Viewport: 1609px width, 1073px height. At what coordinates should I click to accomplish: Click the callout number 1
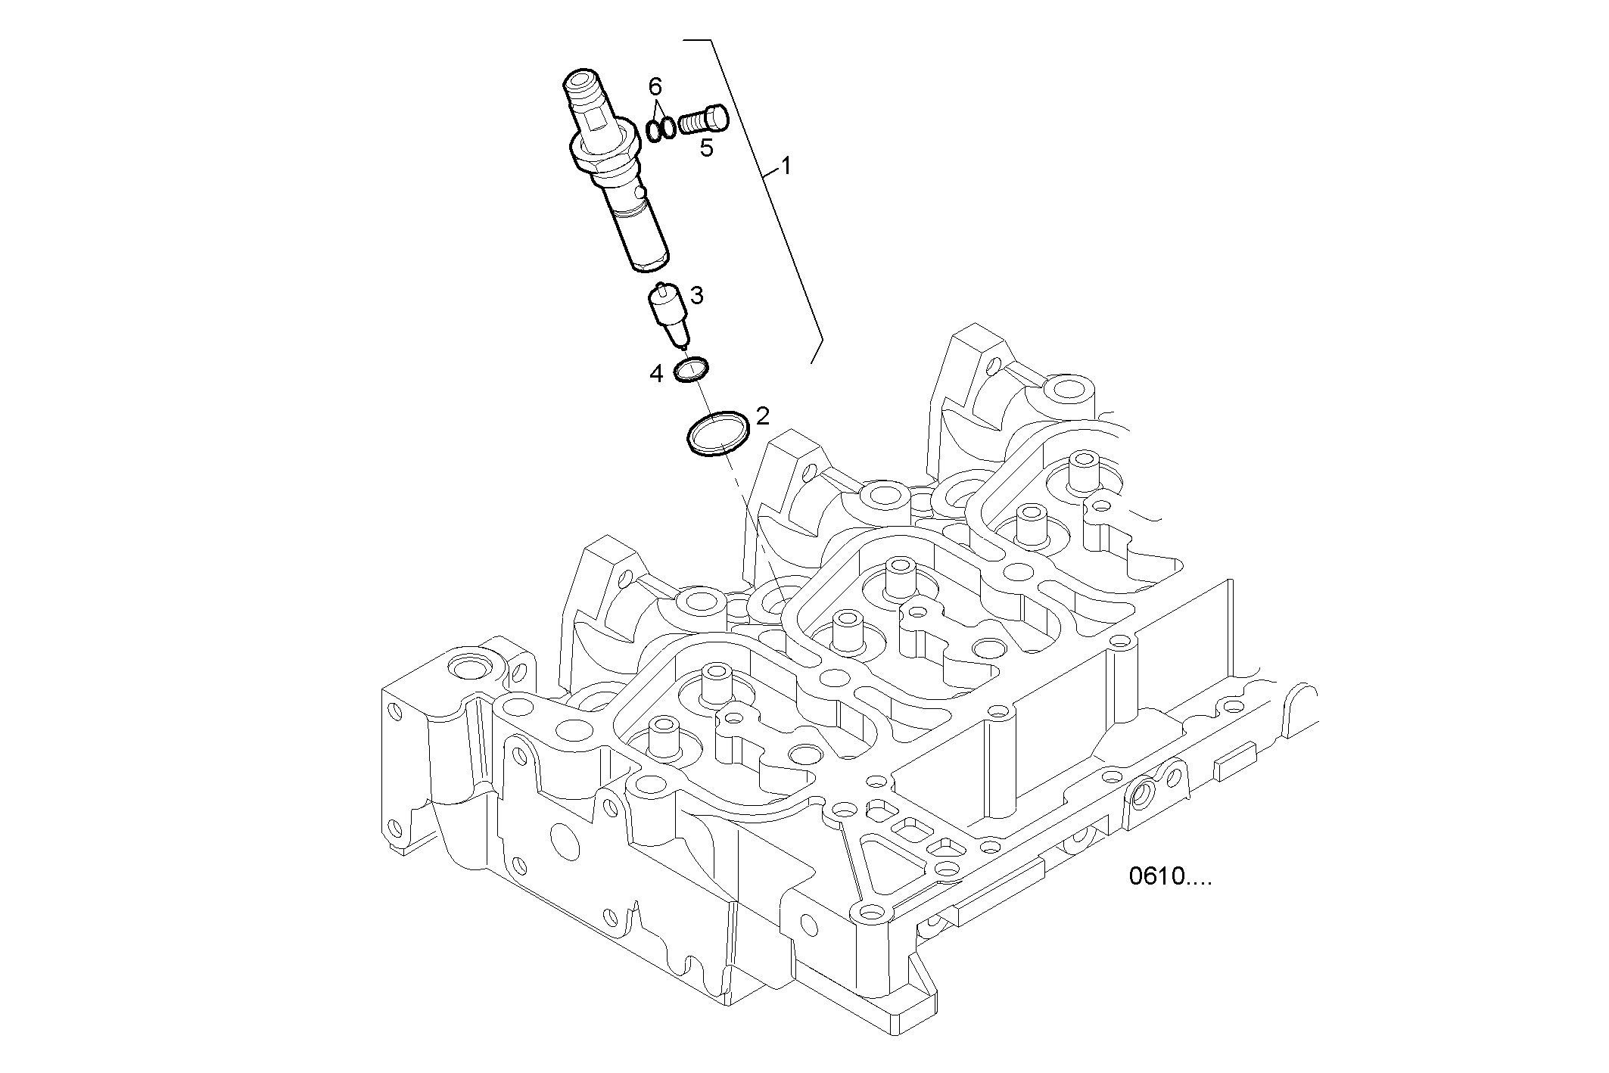(786, 165)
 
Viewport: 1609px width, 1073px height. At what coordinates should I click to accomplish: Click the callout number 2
(762, 415)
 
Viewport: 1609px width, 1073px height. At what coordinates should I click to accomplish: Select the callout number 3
(696, 295)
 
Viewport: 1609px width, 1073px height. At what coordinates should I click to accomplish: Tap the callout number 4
(656, 373)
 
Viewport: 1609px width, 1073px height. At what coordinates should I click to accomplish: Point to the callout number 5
(706, 148)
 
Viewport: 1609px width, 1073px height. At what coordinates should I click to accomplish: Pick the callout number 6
(655, 86)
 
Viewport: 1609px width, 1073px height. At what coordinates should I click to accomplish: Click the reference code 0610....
(1169, 876)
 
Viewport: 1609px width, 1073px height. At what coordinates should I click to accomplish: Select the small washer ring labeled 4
(691, 370)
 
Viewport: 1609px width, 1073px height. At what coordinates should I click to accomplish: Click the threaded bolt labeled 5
(703, 120)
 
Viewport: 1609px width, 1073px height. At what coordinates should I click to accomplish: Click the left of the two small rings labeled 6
(654, 131)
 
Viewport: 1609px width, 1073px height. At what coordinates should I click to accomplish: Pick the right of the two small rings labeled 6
(668, 128)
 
